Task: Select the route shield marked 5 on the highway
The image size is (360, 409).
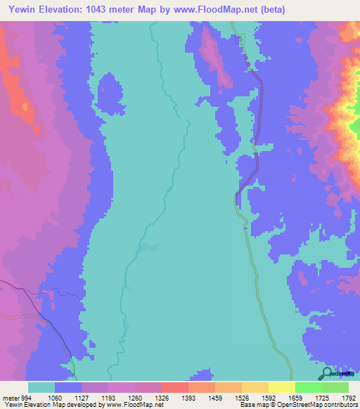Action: [238, 39]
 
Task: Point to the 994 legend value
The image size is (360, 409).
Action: [28, 397]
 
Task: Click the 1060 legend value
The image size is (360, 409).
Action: [54, 397]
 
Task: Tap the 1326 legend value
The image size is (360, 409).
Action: [161, 397]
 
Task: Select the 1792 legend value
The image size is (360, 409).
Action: [349, 397]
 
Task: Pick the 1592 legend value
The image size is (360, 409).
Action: [268, 397]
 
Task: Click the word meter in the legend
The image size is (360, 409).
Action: [11, 397]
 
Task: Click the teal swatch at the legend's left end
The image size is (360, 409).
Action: [41, 387]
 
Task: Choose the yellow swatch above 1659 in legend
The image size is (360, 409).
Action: [281, 387]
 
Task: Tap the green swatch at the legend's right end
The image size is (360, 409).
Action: [335, 387]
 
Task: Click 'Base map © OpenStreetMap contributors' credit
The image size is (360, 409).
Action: [297, 405]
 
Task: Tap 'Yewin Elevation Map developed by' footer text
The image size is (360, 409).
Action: [53, 405]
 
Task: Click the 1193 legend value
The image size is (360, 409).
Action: [108, 397]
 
